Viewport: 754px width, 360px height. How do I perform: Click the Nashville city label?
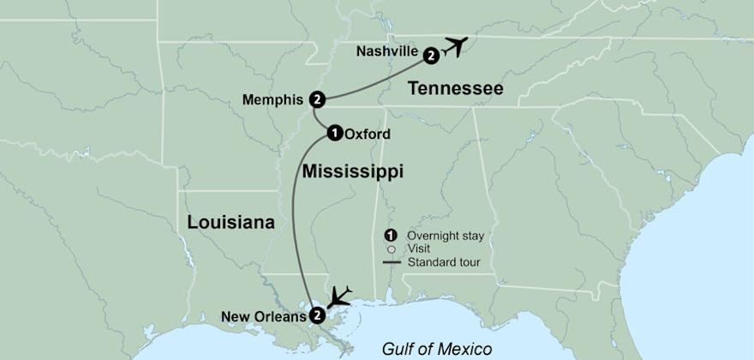386,51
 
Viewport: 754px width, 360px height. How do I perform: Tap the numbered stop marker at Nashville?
431,56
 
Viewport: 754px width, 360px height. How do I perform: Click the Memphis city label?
272,99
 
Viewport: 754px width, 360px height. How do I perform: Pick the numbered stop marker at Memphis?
317,99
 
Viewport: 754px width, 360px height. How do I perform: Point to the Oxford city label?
368,134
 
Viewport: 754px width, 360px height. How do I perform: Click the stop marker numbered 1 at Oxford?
335,133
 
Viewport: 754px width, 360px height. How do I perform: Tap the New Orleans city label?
263,316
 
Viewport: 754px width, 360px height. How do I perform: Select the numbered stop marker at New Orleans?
317,315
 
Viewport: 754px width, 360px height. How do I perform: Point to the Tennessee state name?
455,88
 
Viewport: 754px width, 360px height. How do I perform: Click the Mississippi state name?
352,172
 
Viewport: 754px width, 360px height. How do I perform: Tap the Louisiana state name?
231,223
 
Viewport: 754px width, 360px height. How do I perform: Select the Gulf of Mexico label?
437,348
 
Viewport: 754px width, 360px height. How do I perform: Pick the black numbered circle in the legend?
391,236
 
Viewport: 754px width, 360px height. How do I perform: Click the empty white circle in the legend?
391,249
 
